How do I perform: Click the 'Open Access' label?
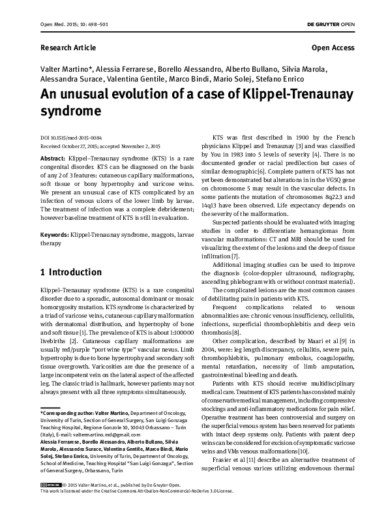click(333, 48)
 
